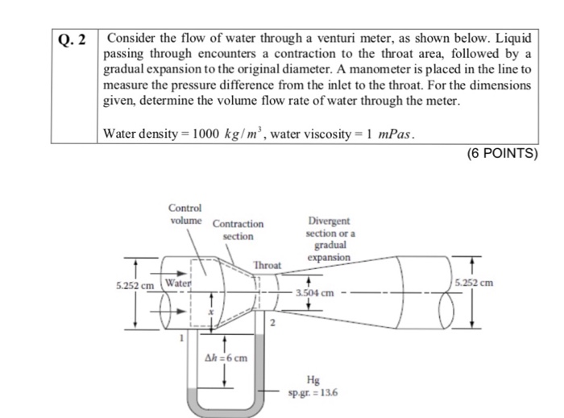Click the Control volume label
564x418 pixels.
tap(186, 213)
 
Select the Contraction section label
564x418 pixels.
tap(238, 230)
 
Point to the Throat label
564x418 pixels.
tap(267, 265)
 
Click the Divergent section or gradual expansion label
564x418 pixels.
tap(329, 239)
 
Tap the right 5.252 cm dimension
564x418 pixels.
tap(474, 283)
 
